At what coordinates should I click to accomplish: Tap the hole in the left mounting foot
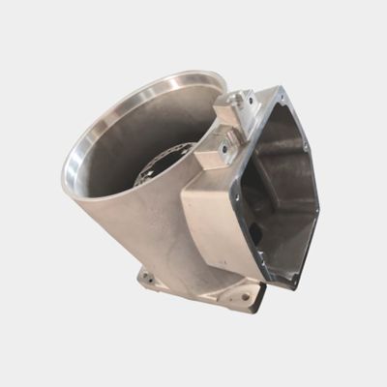click(x=149, y=280)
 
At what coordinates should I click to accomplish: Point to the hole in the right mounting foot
click(x=244, y=297)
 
